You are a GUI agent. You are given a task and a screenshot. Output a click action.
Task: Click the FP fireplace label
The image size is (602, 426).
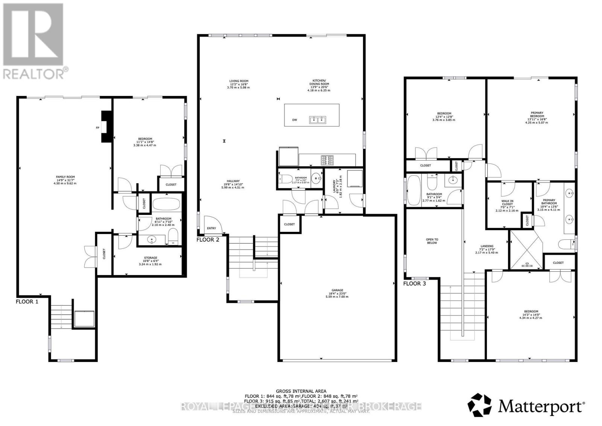pyautogui.click(x=97, y=128)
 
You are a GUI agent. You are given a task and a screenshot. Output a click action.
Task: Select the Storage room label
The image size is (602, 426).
pyautogui.click(x=150, y=258)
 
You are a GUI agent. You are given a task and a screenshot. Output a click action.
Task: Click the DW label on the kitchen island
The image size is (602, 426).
pyautogui.click(x=295, y=120)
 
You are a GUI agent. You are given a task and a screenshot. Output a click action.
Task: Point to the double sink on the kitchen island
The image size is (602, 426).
pyautogui.click(x=318, y=120)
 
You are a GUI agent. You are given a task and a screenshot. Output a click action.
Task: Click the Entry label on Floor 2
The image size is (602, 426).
pyautogui.click(x=211, y=228)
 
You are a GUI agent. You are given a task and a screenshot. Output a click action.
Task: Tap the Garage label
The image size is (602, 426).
pyautogui.click(x=337, y=290)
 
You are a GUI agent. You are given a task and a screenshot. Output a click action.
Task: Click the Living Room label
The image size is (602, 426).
pyautogui.click(x=239, y=81)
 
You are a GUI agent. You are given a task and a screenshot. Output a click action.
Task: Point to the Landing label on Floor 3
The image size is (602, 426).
pyautogui.click(x=487, y=246)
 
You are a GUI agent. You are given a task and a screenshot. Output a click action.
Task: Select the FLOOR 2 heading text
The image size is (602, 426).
pyautogui.click(x=208, y=240)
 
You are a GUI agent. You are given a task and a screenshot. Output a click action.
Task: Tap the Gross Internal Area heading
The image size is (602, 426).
pyautogui.click(x=301, y=391)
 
